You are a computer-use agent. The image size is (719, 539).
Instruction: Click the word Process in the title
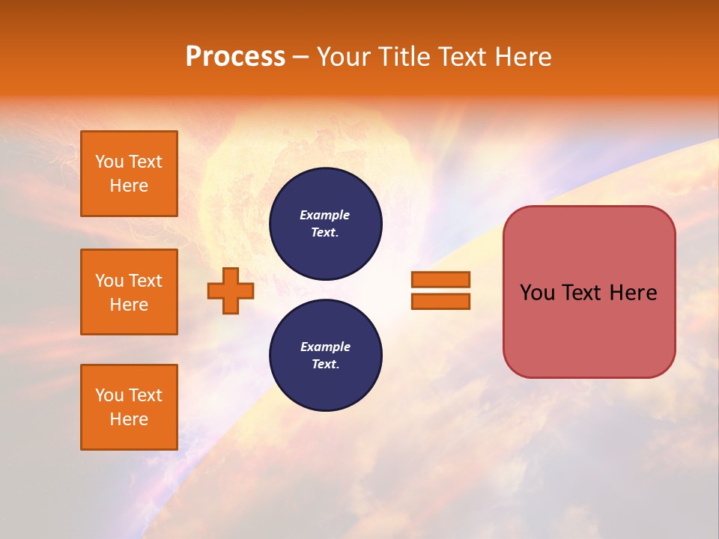coord(235,57)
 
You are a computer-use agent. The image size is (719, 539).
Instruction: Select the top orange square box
coord(129,174)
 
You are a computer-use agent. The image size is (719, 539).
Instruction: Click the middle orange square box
coord(129,292)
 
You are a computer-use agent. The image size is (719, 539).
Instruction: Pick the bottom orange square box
coord(129,407)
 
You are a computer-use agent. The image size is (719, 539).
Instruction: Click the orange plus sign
coord(231,290)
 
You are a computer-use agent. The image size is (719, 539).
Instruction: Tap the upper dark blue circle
coord(325,224)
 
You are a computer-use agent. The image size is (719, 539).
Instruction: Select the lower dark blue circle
coord(325,356)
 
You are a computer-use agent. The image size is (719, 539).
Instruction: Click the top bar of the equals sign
coord(440,280)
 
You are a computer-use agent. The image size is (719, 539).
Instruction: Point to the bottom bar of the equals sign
coord(440,302)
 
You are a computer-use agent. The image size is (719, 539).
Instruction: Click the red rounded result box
coord(589,292)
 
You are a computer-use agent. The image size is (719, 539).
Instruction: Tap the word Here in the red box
coord(633,293)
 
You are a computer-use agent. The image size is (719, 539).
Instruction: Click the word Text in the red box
coord(582,293)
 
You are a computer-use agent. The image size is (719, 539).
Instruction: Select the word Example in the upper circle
coord(325,216)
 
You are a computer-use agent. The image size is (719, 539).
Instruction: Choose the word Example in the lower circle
coord(325,347)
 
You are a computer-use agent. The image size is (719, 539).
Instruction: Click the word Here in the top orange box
coord(129,186)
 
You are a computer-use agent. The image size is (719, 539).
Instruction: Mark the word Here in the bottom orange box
coord(129,420)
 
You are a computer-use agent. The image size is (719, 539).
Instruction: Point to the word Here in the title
coord(524,57)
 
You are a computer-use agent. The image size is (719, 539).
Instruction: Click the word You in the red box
coord(537,293)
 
